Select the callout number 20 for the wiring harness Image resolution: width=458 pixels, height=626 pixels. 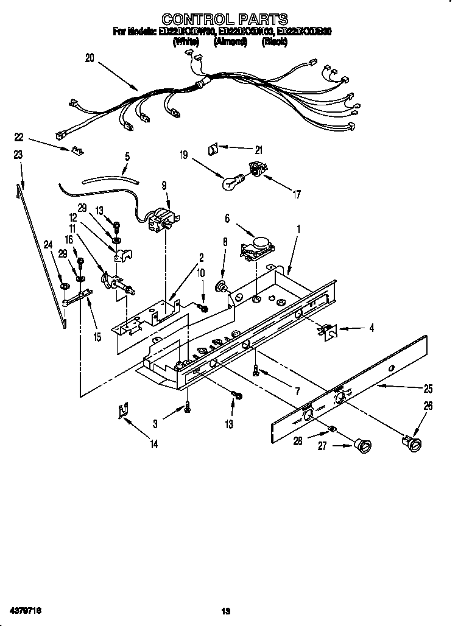click(x=90, y=58)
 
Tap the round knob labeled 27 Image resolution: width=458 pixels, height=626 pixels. click(x=364, y=446)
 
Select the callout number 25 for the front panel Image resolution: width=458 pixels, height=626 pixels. click(x=429, y=388)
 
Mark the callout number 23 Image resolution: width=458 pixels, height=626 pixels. click(x=18, y=155)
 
